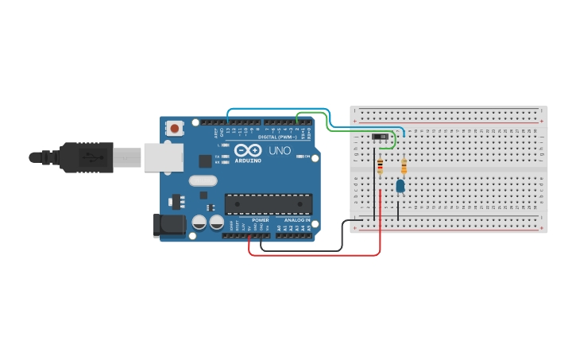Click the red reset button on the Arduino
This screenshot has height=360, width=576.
coord(175,127)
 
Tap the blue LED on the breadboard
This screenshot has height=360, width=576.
coord(400,186)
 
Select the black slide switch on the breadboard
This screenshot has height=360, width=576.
coord(381,137)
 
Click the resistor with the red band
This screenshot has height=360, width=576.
coord(380,166)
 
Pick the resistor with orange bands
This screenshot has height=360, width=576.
coord(404,166)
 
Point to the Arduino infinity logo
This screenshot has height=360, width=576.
coord(247,150)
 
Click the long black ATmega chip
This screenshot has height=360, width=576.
coord(268,204)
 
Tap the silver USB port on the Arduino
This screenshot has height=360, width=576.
coord(163,157)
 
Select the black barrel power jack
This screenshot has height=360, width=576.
coord(168,225)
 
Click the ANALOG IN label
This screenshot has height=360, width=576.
coord(293,220)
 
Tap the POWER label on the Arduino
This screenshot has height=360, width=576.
coord(261,220)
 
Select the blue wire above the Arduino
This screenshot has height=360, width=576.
coord(278,108)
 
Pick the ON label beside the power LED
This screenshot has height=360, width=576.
coord(307,156)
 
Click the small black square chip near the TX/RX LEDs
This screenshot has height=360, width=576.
coord(205,161)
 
